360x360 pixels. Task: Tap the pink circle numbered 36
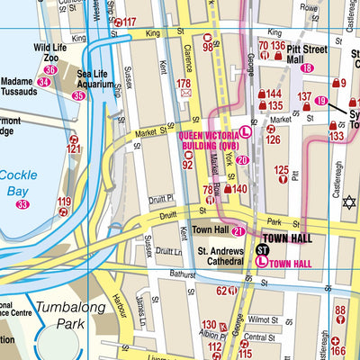pyautogui.click(x=50, y=69)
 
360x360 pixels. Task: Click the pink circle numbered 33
pyautogui.click(x=22, y=205)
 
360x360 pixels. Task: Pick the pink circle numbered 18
pyautogui.click(x=308, y=67)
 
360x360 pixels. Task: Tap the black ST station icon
pyautogui.click(x=263, y=248)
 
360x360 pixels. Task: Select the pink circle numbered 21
pyautogui.click(x=238, y=232)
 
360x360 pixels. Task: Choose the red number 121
pyautogui.click(x=74, y=148)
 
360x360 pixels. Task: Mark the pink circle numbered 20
pyautogui.click(x=242, y=159)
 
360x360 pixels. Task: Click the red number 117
pyautogui.click(x=130, y=22)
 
